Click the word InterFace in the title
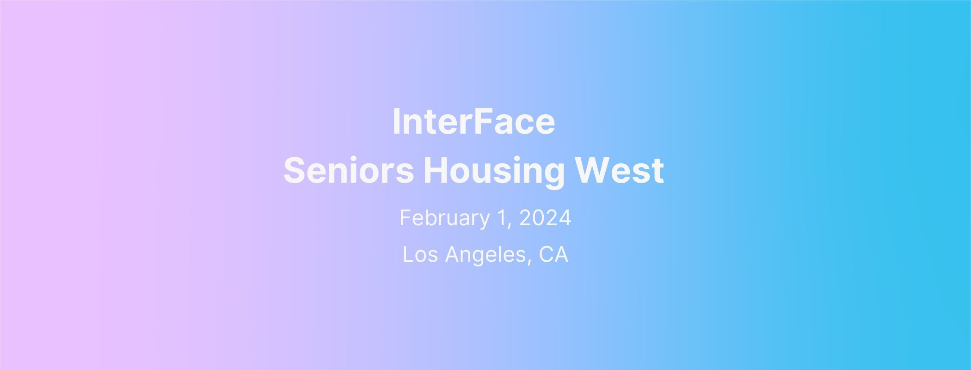(473, 122)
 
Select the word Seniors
(349, 170)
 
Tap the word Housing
(494, 172)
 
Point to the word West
(619, 170)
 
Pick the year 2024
(545, 218)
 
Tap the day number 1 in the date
(504, 218)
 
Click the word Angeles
(485, 256)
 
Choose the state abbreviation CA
(553, 254)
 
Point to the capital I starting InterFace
(395, 122)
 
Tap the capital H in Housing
(436, 170)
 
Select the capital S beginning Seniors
(294, 170)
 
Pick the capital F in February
(406, 218)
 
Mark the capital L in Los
(408, 254)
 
